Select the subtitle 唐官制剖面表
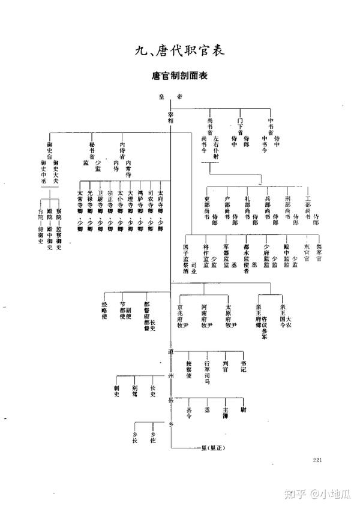coord(179,77)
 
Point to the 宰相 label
coord(171,117)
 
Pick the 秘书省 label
coord(91,150)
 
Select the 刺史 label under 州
coord(116,391)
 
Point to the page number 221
coord(318,460)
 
